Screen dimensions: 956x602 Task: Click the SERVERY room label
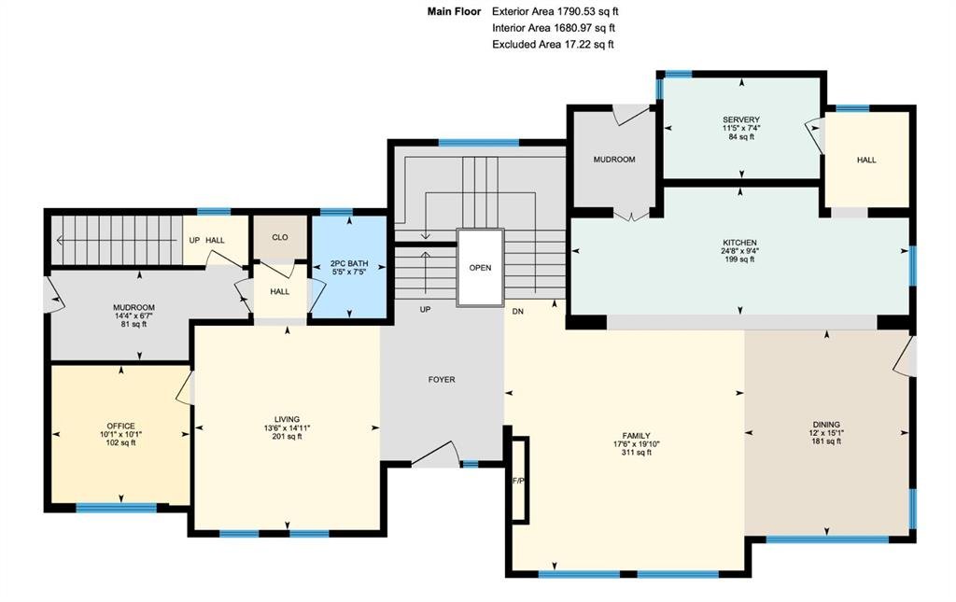coord(740,119)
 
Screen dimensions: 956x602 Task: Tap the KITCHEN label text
coord(739,243)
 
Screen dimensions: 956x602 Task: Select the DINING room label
coord(826,425)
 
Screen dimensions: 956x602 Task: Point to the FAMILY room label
coord(636,436)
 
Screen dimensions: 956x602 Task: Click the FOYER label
coord(442,379)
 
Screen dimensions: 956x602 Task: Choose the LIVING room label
coord(287,419)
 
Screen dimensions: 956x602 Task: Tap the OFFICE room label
coord(120,426)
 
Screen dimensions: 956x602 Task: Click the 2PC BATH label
coord(349,264)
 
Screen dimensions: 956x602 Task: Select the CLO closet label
coord(280,237)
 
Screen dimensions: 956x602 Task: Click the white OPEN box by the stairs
coord(481,268)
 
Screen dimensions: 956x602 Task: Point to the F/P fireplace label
coord(518,481)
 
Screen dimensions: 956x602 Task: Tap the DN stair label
coord(517,312)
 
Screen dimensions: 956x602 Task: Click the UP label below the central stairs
coord(425,310)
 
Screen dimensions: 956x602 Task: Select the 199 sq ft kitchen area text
coord(739,259)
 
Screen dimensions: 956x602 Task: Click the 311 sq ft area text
coord(636,452)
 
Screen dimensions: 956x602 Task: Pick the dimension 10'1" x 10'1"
coord(120,434)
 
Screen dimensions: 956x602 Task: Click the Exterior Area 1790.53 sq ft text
coord(555,11)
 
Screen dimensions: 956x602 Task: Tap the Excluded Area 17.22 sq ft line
coord(553,45)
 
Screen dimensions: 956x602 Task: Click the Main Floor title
coord(455,11)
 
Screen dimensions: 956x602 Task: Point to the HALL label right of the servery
coord(866,160)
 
